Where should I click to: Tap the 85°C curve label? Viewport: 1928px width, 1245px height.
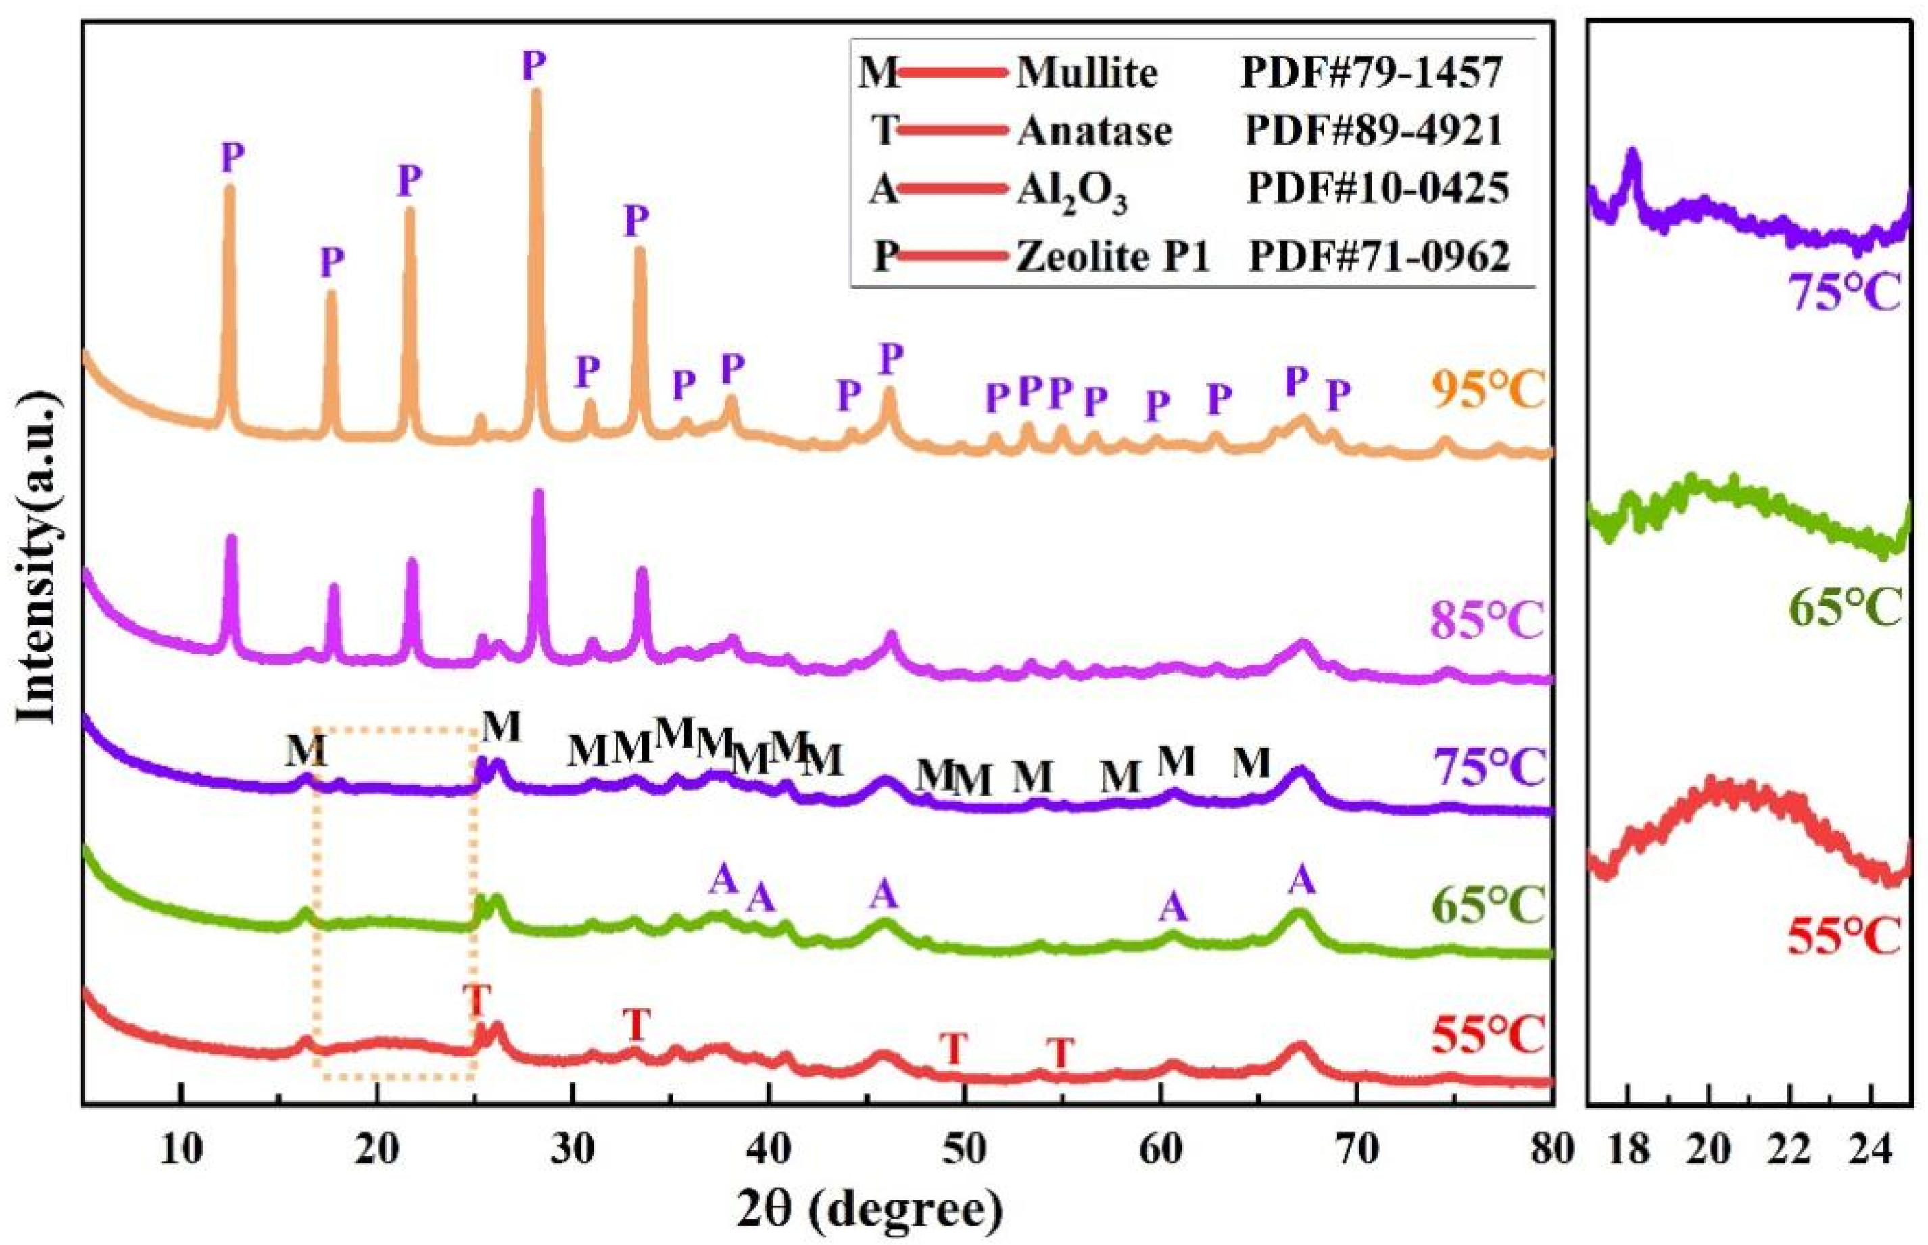coord(1487,621)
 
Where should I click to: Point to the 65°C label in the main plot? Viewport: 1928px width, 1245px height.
coord(1487,906)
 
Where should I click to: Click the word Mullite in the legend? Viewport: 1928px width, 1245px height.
coord(1086,74)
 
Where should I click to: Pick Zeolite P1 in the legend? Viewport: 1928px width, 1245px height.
coord(1113,257)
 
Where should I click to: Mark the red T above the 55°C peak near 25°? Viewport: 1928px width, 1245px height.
coord(477,1001)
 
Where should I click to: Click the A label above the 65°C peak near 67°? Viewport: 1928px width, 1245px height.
coord(1301,879)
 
